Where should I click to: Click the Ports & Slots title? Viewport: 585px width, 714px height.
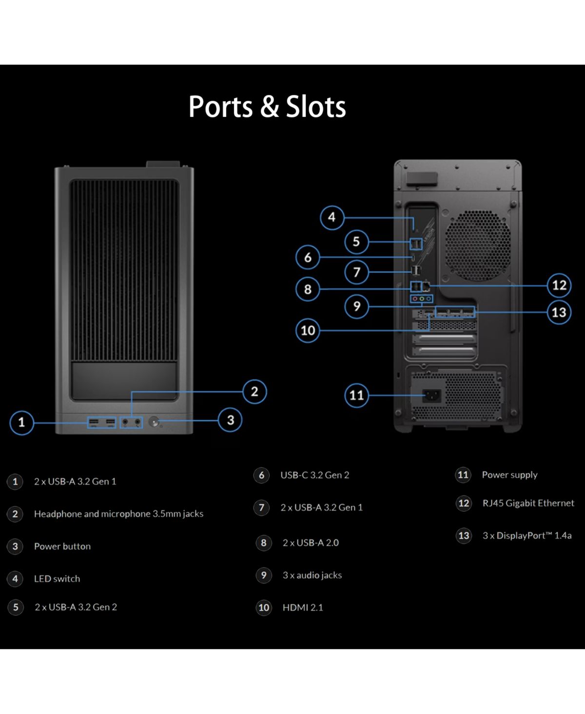(267, 107)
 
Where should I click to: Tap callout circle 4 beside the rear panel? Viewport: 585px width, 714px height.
(332, 217)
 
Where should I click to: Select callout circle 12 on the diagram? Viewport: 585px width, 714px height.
(559, 285)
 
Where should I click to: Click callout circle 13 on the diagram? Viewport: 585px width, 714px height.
(559, 312)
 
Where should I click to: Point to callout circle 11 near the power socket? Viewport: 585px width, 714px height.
(356, 395)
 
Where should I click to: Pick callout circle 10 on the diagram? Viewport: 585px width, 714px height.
(308, 331)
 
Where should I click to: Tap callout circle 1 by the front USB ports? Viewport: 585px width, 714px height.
(21, 422)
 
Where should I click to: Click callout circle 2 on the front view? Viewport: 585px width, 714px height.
(254, 392)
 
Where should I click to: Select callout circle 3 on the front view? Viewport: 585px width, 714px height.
(231, 420)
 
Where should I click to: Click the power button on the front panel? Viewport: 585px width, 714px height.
(155, 422)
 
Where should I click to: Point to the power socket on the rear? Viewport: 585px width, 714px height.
(431, 395)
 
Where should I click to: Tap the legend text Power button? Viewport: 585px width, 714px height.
(62, 546)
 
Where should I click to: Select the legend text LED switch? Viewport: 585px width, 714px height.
(57, 579)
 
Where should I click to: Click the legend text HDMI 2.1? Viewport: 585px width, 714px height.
(303, 607)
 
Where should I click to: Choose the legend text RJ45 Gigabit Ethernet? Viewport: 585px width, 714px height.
(528, 503)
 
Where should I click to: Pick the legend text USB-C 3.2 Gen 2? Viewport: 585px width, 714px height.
(315, 475)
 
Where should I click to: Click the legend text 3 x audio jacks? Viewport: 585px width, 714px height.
(312, 575)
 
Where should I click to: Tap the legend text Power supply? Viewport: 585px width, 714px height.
(509, 475)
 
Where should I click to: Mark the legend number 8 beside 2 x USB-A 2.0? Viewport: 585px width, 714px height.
(264, 543)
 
